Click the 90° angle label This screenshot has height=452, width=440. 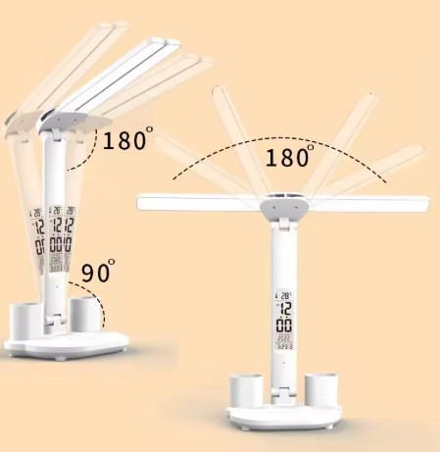click(97, 271)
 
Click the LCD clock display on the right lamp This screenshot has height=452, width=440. click(282, 320)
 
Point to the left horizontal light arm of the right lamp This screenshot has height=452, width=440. click(196, 204)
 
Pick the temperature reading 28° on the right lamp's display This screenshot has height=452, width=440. click(283, 295)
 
